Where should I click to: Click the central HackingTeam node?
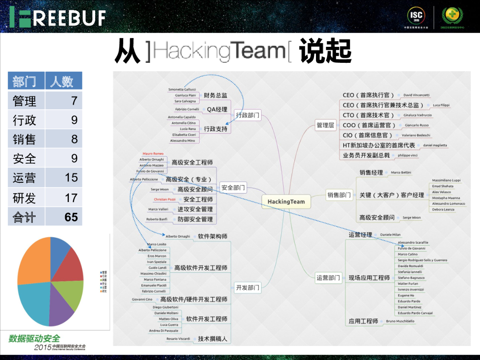pyautogui.click(x=286, y=202)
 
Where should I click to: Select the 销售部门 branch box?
pyautogui.click(x=339, y=195)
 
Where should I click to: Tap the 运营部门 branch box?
pyautogui.click(x=328, y=278)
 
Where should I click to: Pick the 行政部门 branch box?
pyautogui.click(x=247, y=115)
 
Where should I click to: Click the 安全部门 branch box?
pyautogui.click(x=233, y=188)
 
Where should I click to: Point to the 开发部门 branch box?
pyautogui.click(x=247, y=288)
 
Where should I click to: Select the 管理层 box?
pyautogui.click(x=325, y=125)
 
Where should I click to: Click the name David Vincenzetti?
pyautogui.click(x=416, y=95)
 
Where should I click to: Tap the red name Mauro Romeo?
pyautogui.click(x=153, y=154)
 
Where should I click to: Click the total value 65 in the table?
pyautogui.click(x=71, y=217)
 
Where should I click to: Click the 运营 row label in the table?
pyautogui.click(x=24, y=178)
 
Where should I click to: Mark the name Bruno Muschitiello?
pyautogui.click(x=400, y=321)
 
